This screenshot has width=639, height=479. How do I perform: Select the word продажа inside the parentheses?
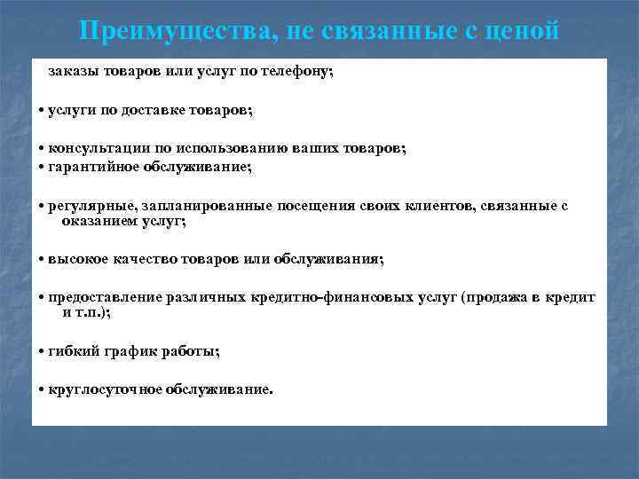(499, 297)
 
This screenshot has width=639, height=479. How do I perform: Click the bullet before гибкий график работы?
(42, 352)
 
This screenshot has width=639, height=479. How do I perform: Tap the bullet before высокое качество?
(42, 260)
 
